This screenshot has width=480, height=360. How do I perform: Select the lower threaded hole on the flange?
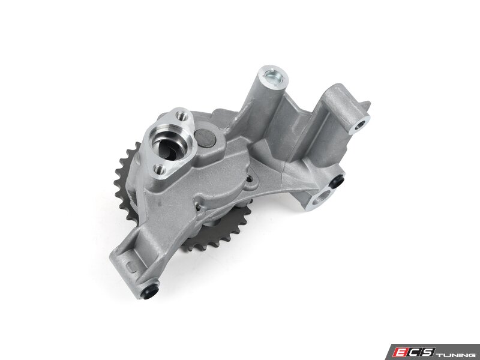pos(159,169)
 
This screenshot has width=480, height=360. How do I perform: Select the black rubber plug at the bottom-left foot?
pos(151,293)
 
